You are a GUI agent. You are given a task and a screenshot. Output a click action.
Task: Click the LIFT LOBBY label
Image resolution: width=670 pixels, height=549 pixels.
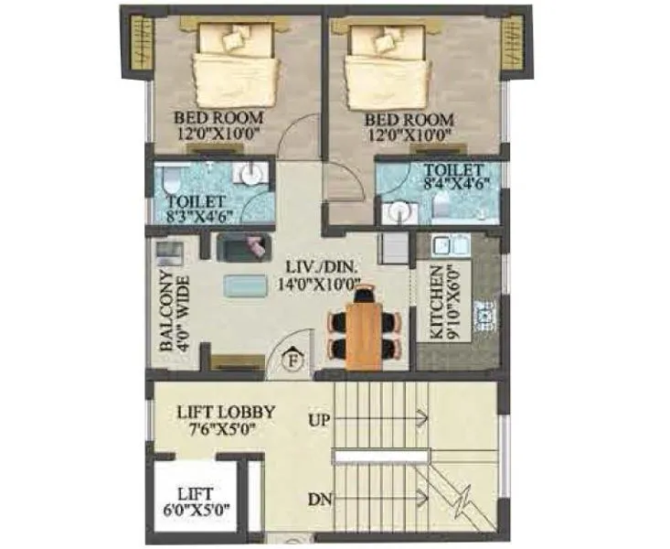(225, 412)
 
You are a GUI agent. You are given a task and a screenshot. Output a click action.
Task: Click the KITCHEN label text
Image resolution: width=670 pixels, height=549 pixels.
(439, 303)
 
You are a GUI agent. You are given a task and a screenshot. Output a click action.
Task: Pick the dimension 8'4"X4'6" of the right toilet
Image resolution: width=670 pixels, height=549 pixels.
(453, 182)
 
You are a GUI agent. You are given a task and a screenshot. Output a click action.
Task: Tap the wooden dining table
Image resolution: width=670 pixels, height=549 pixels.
(364, 333)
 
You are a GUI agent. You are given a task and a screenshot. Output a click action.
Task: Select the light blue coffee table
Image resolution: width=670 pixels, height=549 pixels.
(246, 285)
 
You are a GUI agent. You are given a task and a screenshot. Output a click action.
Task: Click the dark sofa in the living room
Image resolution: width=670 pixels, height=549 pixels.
(243, 246)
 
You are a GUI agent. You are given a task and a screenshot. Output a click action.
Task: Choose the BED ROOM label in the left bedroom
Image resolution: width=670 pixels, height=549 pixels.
(219, 118)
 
